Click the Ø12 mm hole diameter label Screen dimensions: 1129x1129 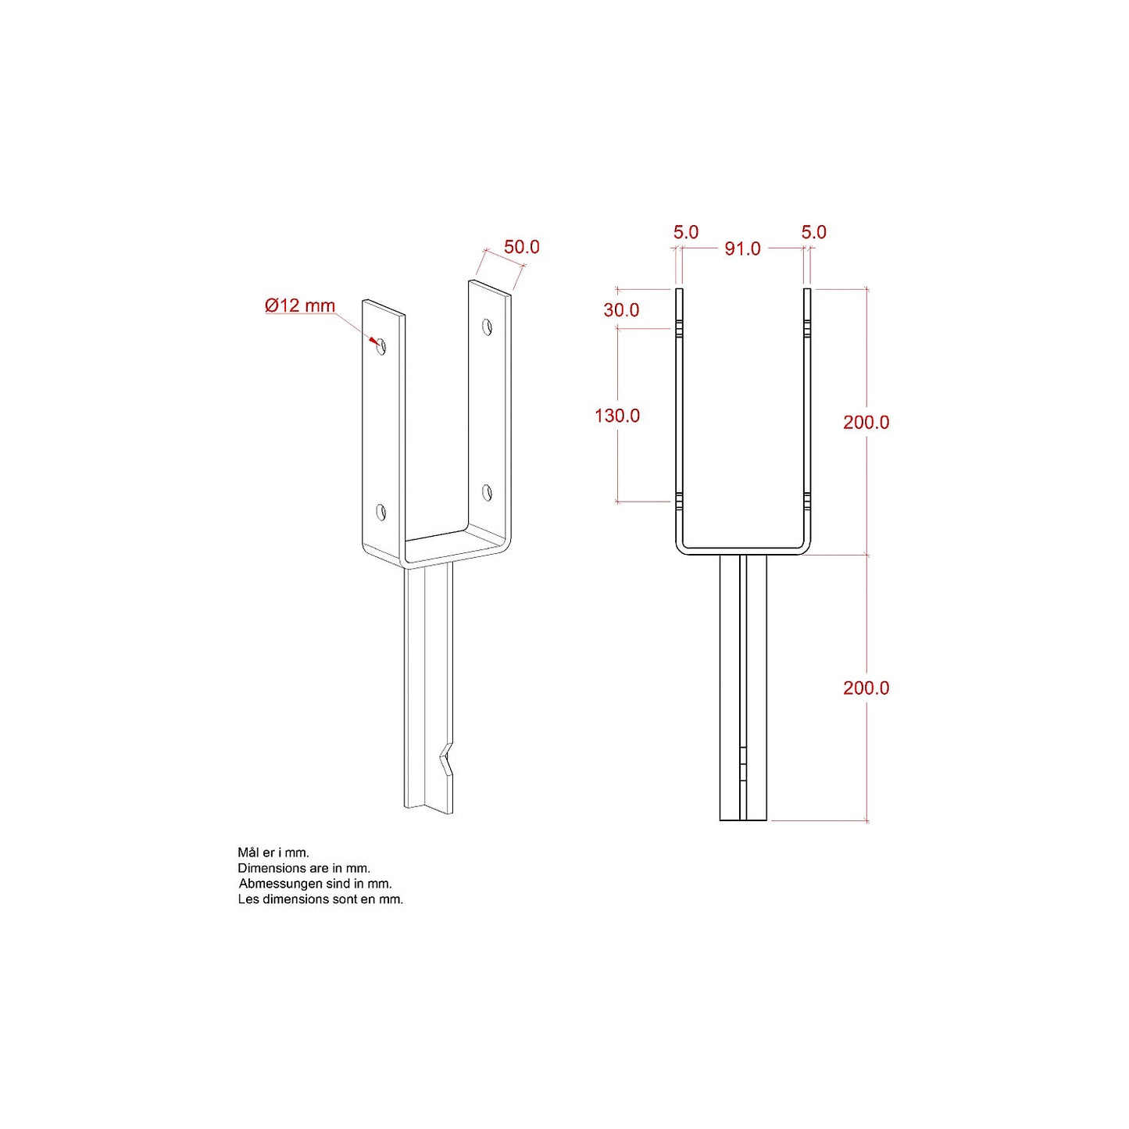[x=300, y=305]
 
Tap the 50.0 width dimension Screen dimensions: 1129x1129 [x=521, y=247]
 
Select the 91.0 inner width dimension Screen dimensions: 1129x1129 [x=742, y=249]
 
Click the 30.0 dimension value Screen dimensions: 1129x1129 [x=621, y=310]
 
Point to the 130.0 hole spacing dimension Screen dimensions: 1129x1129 [x=617, y=416]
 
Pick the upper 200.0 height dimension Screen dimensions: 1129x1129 [x=866, y=422]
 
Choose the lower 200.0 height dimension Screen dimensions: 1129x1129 [x=866, y=688]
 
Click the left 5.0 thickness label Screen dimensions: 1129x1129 [x=685, y=232]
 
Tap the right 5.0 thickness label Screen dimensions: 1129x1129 [x=814, y=232]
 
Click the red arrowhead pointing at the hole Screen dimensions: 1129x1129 [x=373, y=341]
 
